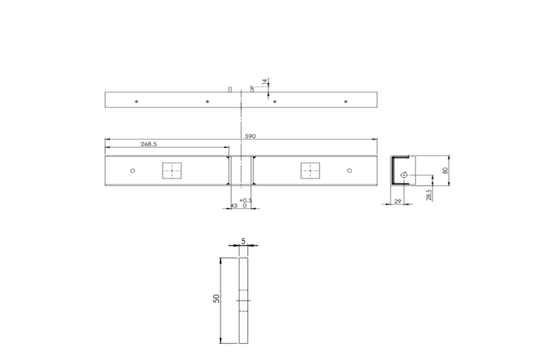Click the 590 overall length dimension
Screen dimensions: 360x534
pos(250,137)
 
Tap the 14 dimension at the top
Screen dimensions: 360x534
pos(265,82)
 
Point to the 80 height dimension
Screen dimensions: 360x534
pos(446,171)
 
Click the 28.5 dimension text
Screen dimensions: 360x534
pos(429,195)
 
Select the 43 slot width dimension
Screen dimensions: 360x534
pos(233,206)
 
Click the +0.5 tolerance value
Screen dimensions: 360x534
pos(246,201)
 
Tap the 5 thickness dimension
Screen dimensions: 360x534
pos(243,240)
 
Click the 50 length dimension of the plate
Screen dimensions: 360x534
pos(216,300)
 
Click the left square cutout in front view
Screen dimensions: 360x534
pos(174,171)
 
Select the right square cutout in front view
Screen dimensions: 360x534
pos(310,171)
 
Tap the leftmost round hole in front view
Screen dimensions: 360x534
pos(133,171)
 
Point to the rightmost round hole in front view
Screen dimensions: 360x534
pos(350,171)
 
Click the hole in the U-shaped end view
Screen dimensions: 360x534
pos(404,176)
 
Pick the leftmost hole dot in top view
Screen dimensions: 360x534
pos(135,101)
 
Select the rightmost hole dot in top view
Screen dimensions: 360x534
pos(346,101)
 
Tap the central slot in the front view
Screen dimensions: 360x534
pos(241,171)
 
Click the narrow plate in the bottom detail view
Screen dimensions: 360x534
pos(243,301)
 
